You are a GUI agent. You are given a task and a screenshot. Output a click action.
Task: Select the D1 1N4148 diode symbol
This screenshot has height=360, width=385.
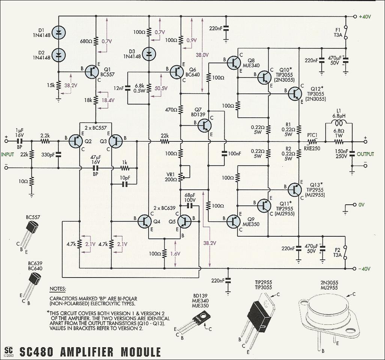click(x=58, y=33)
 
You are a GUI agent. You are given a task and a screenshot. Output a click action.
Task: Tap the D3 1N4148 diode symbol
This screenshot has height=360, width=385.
click(x=149, y=54)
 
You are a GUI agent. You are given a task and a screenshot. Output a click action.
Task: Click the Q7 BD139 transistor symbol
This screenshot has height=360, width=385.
click(x=205, y=125)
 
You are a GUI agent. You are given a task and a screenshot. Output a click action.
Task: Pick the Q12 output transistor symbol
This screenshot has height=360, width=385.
click(x=295, y=93)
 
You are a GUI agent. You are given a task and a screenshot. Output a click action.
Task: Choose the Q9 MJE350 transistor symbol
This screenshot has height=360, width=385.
click(x=234, y=222)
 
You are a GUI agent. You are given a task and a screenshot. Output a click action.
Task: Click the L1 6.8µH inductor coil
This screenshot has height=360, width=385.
click(x=338, y=124)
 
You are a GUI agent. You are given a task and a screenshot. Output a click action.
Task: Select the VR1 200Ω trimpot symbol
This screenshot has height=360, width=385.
click(x=181, y=175)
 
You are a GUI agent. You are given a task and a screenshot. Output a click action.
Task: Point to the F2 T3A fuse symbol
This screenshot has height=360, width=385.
click(x=346, y=253)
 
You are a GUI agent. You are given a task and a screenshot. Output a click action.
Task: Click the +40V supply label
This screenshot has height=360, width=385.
click(x=365, y=17)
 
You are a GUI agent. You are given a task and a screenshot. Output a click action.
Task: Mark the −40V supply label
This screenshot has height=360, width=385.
click(x=364, y=269)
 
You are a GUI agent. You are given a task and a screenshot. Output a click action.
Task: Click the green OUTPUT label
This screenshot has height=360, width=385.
click(x=365, y=154)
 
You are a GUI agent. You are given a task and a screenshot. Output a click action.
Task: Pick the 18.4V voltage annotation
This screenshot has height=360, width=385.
click(x=107, y=101)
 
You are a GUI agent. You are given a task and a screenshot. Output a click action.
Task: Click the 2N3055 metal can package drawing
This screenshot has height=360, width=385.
click(x=329, y=317)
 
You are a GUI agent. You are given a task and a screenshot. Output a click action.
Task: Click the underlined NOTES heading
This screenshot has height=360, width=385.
click(x=58, y=289)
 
